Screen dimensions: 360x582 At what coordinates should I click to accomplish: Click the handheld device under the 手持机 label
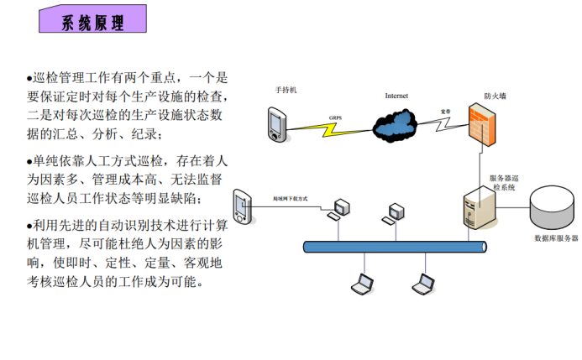[x=275, y=122]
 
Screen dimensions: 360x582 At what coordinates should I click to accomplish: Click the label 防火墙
[x=495, y=96]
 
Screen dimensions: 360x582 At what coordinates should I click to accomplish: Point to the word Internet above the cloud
[x=396, y=96]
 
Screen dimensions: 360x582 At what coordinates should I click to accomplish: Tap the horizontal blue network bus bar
[x=395, y=247]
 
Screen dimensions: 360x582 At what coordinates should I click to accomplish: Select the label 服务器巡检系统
[x=508, y=183]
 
